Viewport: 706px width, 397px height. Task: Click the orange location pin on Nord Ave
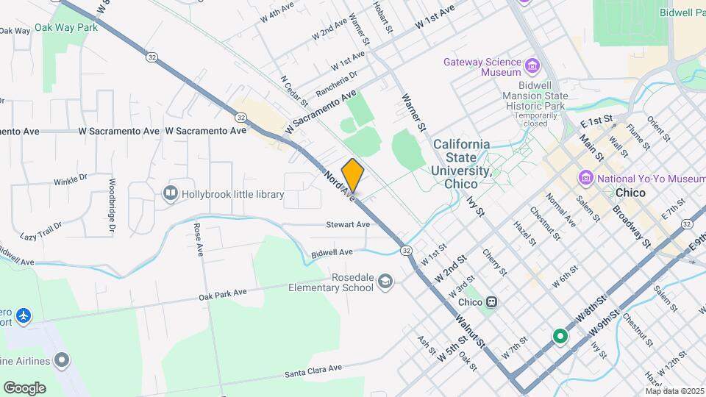(x=353, y=176)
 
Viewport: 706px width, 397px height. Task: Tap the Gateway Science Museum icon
(x=532, y=68)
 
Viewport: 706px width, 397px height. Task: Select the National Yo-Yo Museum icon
(x=586, y=177)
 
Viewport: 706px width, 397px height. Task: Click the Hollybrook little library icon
(x=171, y=193)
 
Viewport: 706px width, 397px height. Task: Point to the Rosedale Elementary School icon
(x=385, y=282)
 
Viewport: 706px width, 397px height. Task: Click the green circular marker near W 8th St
(x=560, y=337)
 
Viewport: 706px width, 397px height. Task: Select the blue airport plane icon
(x=24, y=315)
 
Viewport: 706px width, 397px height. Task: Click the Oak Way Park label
(x=71, y=27)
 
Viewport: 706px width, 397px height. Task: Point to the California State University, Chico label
(x=461, y=163)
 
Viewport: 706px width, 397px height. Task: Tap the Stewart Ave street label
(x=349, y=225)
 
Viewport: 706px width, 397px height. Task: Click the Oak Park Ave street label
(x=222, y=295)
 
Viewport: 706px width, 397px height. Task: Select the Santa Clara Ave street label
(x=314, y=371)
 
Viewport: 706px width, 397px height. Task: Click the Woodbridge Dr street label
(x=113, y=206)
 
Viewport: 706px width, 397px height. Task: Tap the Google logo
(x=24, y=387)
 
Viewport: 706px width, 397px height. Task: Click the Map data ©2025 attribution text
(x=674, y=390)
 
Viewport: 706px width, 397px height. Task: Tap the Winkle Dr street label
(x=71, y=180)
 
